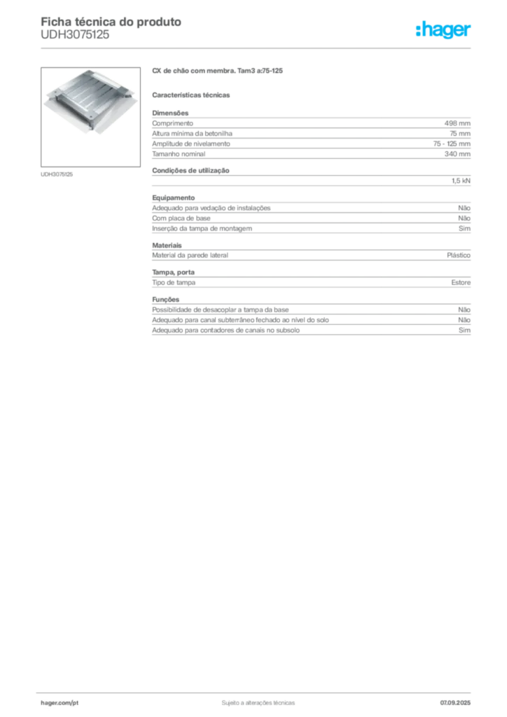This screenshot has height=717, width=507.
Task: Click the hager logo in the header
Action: coord(443,30)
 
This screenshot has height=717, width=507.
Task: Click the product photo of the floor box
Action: coord(90,117)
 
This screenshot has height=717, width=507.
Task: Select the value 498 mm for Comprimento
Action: coord(457,123)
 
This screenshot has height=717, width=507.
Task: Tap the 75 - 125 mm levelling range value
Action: coord(452,144)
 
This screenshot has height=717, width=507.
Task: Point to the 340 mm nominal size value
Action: coord(457,154)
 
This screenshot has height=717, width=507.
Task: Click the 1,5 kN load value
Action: coord(461,181)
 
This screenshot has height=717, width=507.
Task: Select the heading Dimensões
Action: coord(170,113)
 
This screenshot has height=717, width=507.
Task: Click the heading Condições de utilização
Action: coord(190,171)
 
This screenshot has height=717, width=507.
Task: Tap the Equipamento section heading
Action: coord(173,198)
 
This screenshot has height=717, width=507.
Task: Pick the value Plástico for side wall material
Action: coord(459,256)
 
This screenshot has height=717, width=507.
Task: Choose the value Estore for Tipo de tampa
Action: coord(461,283)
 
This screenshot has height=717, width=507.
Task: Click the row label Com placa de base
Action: coord(181,218)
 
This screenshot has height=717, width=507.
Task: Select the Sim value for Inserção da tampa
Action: coord(464,229)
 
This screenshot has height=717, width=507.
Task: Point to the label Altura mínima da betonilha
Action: coord(192,134)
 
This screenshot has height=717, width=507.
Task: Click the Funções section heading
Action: coord(165,300)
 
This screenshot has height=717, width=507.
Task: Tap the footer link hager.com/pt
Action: coord(60,703)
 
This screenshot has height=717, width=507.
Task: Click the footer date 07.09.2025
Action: coord(455,703)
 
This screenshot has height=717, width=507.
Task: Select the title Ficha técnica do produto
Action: coord(111,22)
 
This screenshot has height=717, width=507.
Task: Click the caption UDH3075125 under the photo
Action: coord(57,174)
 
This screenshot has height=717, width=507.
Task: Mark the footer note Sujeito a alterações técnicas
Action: coord(258,703)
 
